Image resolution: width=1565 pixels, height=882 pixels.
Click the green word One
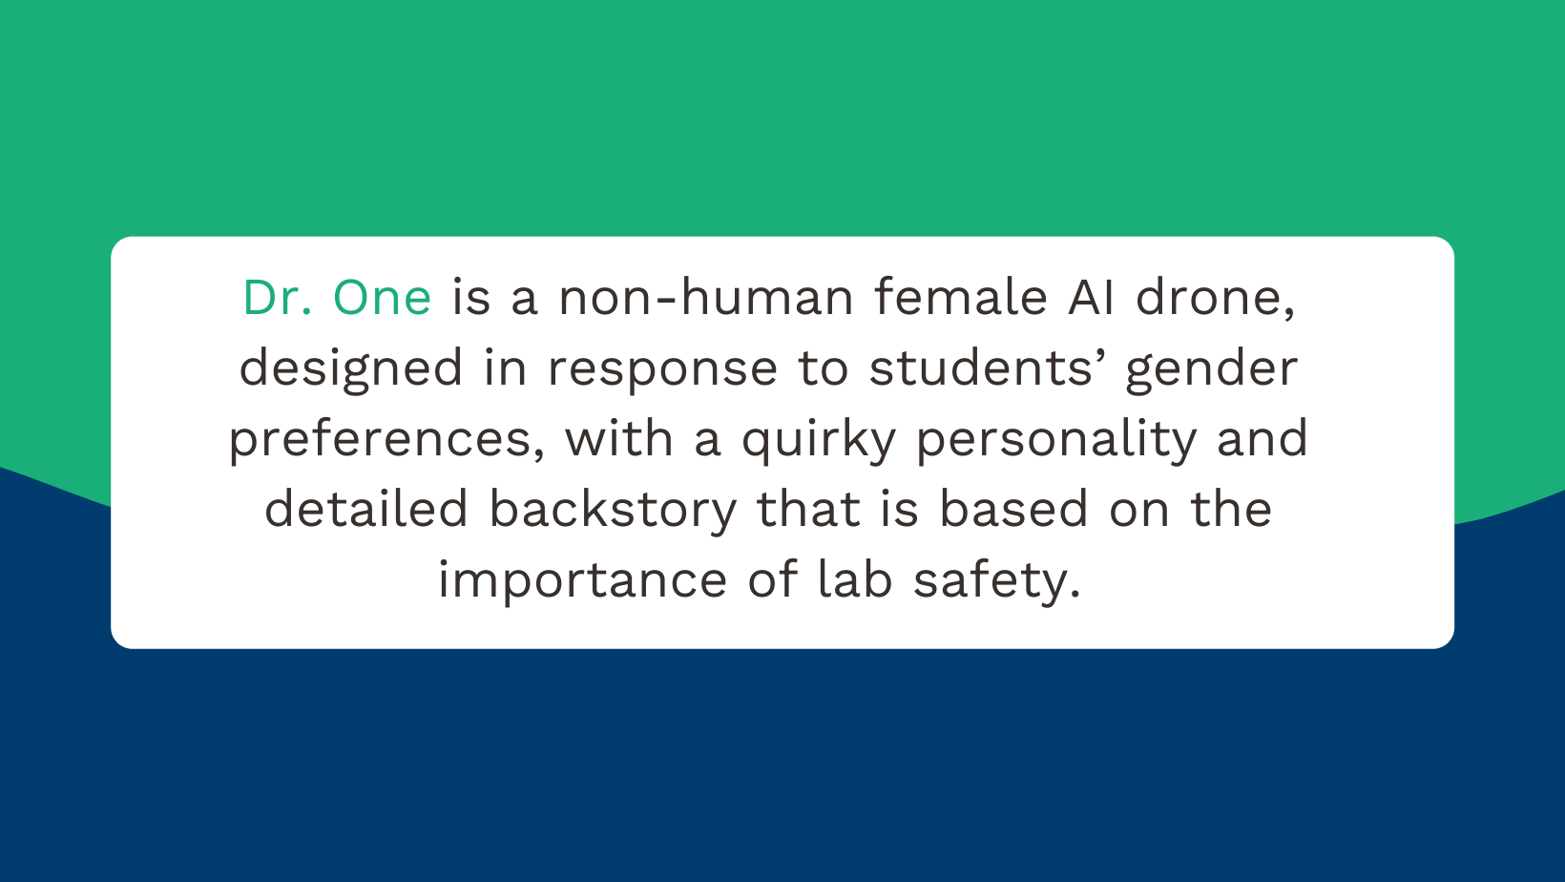(382, 298)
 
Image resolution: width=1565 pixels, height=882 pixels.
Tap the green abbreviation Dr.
(277, 298)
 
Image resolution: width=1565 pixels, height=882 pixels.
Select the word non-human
(706, 298)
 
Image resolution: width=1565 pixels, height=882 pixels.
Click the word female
(961, 298)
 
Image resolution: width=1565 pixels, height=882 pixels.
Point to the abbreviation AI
(1092, 298)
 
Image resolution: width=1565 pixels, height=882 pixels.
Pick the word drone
(1215, 298)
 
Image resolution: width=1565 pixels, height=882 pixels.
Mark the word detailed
(366, 510)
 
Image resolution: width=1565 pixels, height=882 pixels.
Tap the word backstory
(613, 510)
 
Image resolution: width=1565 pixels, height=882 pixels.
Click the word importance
(582, 580)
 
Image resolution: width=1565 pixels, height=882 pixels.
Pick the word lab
(855, 580)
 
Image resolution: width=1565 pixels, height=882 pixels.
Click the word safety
(996, 580)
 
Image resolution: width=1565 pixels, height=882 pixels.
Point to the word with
(619, 439)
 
